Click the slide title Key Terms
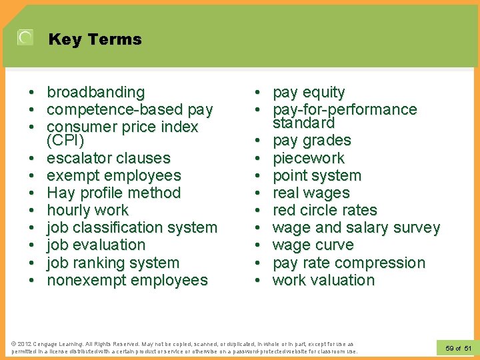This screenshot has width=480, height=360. point(95,39)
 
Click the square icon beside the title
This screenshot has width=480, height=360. point(25,37)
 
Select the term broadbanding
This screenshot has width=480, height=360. point(95,92)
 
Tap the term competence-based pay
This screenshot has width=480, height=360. point(129,109)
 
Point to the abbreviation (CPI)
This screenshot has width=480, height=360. point(65,141)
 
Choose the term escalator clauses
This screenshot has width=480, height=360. point(108,159)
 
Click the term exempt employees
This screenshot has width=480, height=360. point(113,176)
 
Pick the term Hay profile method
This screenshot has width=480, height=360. point(113,193)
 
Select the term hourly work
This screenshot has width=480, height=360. point(87,211)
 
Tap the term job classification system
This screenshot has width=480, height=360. point(131,228)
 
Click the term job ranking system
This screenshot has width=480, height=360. point(113,263)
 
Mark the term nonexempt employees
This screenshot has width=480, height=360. point(127,281)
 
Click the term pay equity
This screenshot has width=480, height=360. point(309,92)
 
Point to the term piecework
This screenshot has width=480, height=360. point(309,159)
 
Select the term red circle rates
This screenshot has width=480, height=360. point(325,211)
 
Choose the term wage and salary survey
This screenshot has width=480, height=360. point(356,228)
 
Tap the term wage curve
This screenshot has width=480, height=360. point(313,245)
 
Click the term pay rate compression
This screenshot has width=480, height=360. point(349,263)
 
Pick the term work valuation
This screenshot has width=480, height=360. point(323,281)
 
